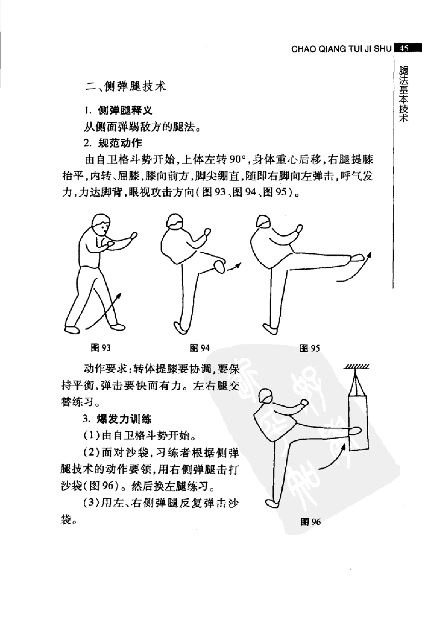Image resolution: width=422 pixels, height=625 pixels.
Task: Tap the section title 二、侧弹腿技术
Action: [126, 87]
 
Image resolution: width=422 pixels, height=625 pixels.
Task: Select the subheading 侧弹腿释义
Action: [125, 111]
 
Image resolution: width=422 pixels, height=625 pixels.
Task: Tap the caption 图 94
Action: [199, 348]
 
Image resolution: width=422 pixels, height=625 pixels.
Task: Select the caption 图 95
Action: [310, 348]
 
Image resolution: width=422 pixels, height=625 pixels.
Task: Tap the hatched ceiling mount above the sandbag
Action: [357, 367]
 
